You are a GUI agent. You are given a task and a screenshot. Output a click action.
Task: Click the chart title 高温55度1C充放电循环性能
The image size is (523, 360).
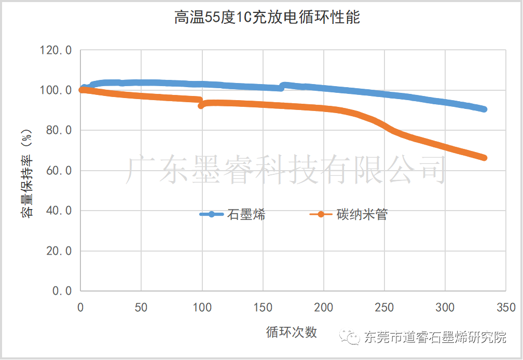click(267, 18)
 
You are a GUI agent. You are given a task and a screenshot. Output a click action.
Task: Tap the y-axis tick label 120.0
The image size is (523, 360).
click(56, 50)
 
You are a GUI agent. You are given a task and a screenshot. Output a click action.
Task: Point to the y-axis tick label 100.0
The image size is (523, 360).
click(56, 90)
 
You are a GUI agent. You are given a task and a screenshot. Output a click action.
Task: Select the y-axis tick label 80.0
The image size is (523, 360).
click(58, 130)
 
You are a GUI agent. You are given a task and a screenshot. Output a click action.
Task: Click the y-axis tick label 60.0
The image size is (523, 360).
click(58, 171)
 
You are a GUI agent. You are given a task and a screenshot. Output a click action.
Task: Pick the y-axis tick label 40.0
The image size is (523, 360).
click(58, 211)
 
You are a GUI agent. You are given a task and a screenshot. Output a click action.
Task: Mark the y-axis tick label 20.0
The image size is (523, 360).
click(58, 251)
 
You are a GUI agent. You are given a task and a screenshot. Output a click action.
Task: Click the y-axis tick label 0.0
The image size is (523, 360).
click(61, 291)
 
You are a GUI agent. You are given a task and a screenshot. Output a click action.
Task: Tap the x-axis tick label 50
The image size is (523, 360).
click(141, 308)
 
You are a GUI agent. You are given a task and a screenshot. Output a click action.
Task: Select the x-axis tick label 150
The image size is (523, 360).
click(263, 308)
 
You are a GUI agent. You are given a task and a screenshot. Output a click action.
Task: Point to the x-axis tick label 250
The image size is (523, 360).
click(384, 308)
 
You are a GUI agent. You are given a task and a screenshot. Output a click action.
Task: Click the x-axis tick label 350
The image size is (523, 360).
click(505, 308)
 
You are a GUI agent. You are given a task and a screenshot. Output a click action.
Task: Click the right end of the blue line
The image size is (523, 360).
click(484, 109)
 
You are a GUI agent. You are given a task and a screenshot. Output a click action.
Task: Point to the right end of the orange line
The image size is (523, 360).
click(484, 157)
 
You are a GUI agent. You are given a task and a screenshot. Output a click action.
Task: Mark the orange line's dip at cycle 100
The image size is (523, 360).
click(201, 105)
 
